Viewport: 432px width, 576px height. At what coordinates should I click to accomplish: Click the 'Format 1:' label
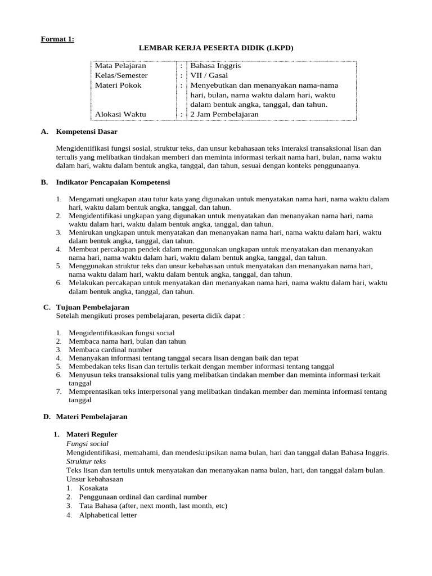click(57, 39)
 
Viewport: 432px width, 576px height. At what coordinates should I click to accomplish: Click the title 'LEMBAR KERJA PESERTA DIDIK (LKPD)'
click(216, 48)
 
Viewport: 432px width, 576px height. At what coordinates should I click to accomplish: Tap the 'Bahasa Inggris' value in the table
click(215, 66)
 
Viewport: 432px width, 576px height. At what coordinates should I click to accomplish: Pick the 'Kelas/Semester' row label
click(121, 75)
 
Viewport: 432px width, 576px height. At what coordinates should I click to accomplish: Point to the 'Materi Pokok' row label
click(118, 85)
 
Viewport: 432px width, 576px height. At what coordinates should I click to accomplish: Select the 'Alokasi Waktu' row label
click(120, 114)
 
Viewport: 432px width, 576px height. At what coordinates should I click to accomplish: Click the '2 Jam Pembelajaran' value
click(224, 114)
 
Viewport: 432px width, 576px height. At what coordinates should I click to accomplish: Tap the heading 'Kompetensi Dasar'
click(89, 132)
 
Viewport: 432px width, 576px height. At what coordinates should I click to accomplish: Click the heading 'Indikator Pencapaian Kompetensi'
click(112, 182)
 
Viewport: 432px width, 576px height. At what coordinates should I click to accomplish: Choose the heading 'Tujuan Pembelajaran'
click(93, 307)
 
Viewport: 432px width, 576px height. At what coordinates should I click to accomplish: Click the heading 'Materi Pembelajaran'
click(92, 416)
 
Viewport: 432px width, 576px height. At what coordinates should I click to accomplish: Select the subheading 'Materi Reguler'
click(92, 434)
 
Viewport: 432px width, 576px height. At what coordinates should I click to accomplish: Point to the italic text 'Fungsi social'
click(87, 443)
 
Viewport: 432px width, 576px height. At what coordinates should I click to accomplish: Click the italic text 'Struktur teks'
click(86, 461)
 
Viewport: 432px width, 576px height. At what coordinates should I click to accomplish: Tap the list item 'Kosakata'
click(93, 488)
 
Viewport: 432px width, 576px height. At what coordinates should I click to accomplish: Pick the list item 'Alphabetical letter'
click(108, 515)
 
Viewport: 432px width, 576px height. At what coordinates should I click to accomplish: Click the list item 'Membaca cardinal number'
click(111, 349)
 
